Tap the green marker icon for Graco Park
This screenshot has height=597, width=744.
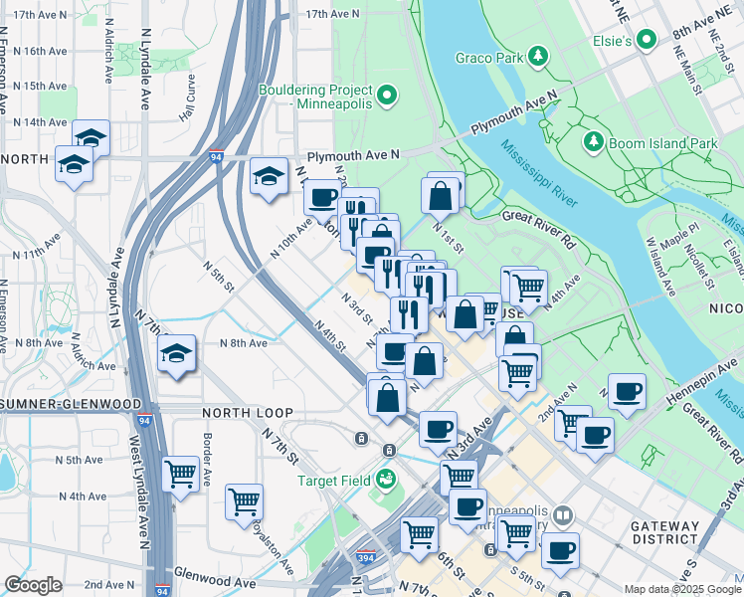coord(538,55)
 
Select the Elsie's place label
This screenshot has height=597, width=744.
coord(615,41)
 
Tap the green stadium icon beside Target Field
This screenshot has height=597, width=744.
coord(384,481)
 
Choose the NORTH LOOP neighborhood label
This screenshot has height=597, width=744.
coord(247,412)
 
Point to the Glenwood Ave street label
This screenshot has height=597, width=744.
coord(215,574)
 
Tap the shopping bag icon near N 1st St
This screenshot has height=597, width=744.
coord(441,195)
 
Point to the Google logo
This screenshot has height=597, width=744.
coord(34,585)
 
